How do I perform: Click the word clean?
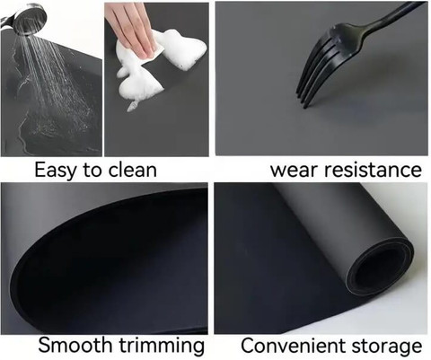coord(132,170)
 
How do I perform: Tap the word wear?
coord(295,171)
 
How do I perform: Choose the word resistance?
coord(374,170)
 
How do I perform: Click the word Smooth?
coord(76,345)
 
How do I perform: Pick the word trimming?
coord(162,346)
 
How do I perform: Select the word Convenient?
coord(294,345)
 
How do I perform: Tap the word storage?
coord(387,347)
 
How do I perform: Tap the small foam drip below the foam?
coord(132,106)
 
